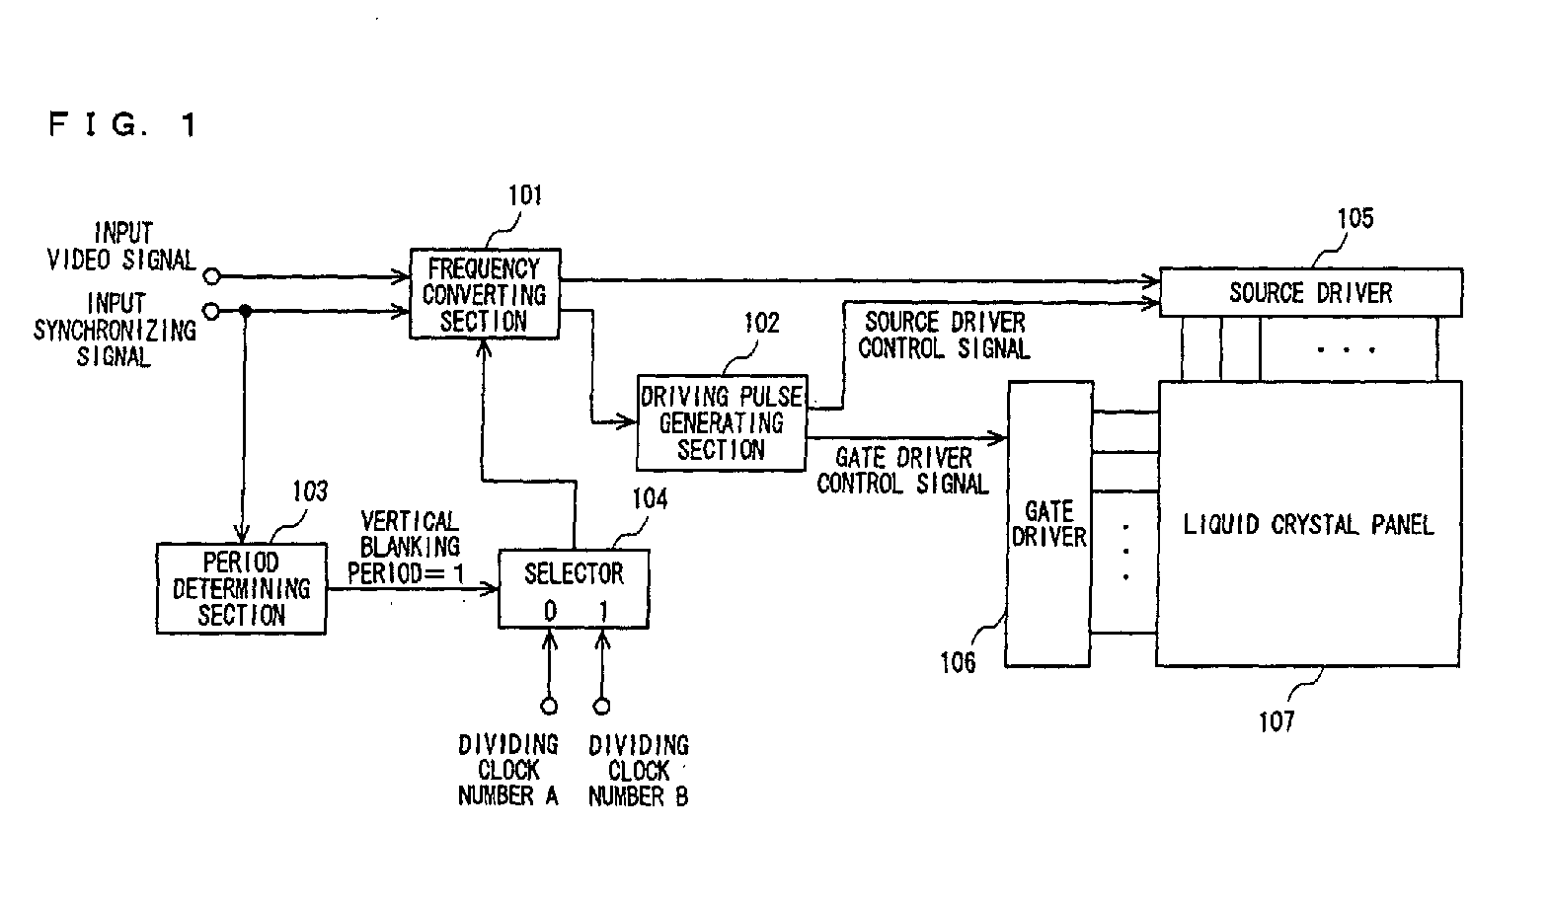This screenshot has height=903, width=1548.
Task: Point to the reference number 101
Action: (x=525, y=195)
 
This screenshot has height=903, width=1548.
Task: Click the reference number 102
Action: (x=761, y=323)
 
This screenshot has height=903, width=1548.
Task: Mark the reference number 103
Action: (x=310, y=491)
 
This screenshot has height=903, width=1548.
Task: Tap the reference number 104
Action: (x=650, y=498)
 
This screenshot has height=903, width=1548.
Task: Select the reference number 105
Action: (x=1355, y=218)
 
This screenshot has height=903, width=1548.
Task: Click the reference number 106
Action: (x=958, y=662)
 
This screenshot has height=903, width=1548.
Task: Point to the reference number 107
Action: (x=1276, y=722)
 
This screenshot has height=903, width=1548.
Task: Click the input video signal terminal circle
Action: (x=212, y=276)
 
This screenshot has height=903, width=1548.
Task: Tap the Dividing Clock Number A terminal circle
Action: (x=549, y=706)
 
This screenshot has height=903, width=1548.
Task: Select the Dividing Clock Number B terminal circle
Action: (x=602, y=706)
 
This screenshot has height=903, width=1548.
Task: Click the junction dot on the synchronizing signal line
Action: (x=245, y=311)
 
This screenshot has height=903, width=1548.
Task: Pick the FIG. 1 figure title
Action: (x=123, y=125)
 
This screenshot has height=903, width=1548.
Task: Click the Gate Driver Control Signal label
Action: (x=902, y=471)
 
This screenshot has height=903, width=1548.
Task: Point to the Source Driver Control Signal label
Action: (x=944, y=336)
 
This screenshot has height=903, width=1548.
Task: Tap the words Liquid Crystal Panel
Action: (x=1308, y=525)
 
